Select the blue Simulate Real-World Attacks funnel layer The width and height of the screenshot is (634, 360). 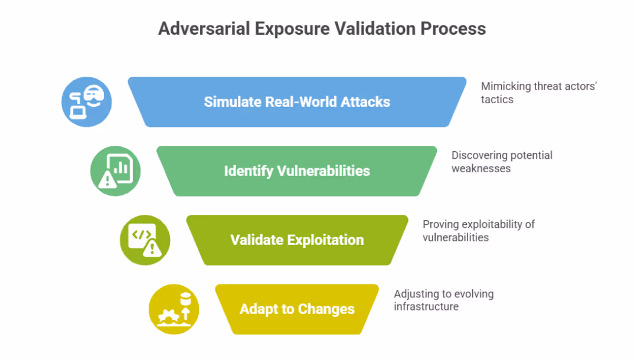[297, 102]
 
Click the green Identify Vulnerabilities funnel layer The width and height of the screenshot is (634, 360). [297, 171]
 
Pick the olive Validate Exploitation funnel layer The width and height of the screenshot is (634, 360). [297, 240]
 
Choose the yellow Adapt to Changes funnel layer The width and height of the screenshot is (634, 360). [297, 309]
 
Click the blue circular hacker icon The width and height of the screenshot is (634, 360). [87, 102]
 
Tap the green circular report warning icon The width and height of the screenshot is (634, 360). [115, 171]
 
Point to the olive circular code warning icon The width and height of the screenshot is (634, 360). [145, 240]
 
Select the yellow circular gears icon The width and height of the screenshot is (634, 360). [174, 309]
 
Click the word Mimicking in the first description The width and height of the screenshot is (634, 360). [506, 86]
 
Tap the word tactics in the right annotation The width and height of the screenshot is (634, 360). [497, 99]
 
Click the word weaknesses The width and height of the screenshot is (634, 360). [481, 168]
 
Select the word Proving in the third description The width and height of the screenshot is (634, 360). [440, 224]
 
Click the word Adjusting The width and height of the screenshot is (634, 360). [414, 294]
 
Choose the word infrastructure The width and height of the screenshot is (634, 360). [426, 306]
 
